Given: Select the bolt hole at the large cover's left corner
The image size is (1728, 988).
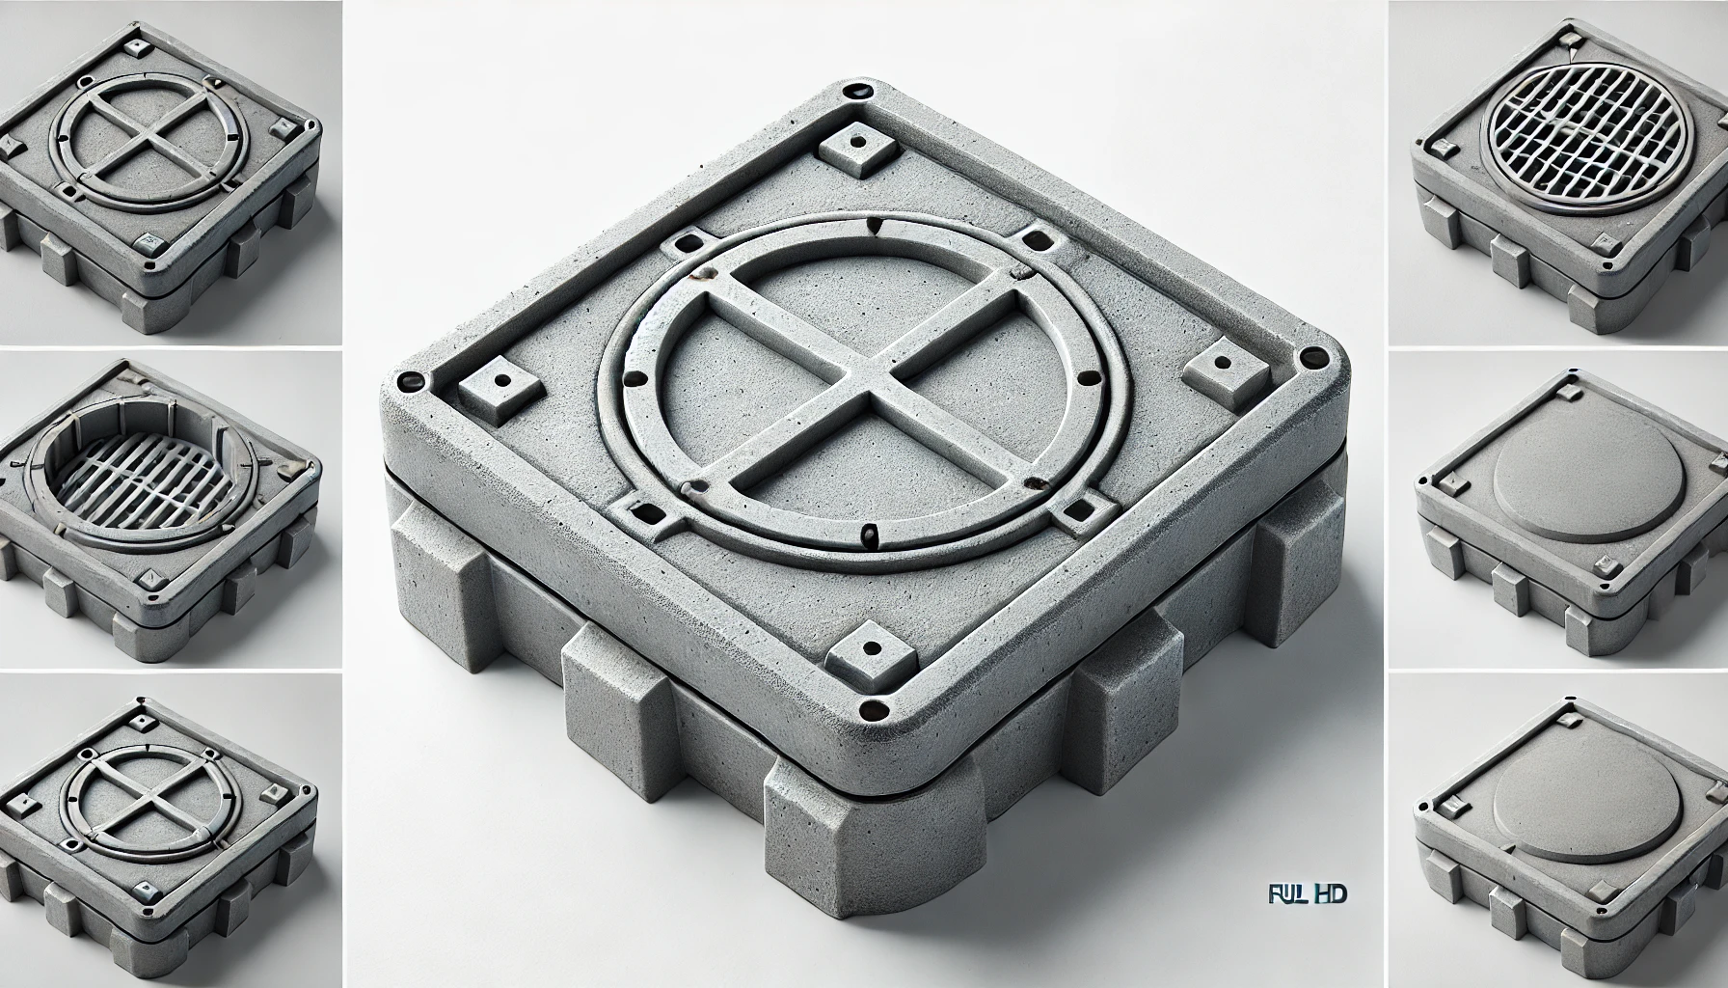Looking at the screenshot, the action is (409, 380).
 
